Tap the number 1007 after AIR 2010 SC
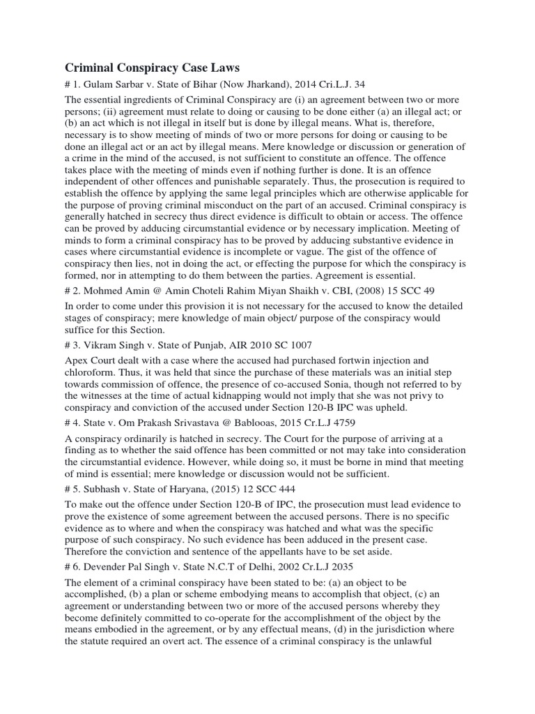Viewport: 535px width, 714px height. [x=297, y=344]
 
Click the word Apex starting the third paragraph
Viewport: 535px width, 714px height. [x=77, y=361]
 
